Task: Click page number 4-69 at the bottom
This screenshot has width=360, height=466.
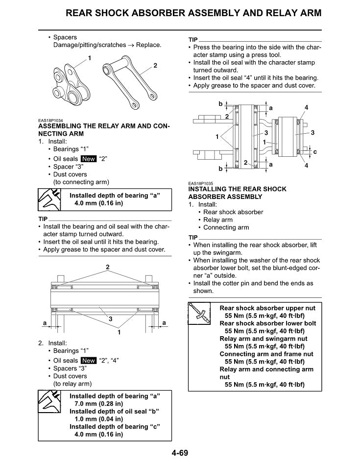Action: coord(179,453)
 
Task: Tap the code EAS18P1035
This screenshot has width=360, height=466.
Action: coord(202,184)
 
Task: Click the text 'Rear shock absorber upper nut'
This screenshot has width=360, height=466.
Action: coord(267,308)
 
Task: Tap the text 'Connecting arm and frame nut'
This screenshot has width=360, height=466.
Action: coord(266,354)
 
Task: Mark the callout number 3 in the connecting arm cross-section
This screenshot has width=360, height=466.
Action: coord(111,319)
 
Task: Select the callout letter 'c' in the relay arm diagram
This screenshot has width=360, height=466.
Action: coord(314,152)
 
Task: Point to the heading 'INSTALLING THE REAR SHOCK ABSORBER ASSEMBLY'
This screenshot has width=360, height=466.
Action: coord(237,193)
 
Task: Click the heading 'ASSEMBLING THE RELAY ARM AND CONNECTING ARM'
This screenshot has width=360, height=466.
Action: coord(104,130)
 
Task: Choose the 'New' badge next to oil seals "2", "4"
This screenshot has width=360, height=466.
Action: coord(89,361)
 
